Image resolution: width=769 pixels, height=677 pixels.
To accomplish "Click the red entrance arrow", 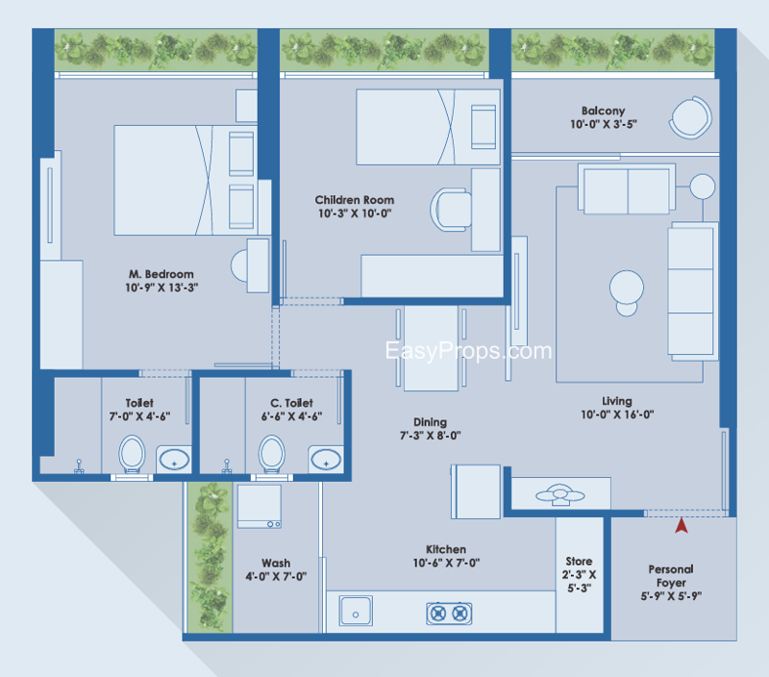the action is [682, 526].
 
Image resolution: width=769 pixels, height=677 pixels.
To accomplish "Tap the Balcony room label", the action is [604, 111].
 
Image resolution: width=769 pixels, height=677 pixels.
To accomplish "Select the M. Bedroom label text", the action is [161, 274].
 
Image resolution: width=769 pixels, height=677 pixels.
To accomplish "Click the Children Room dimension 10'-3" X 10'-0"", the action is [355, 213].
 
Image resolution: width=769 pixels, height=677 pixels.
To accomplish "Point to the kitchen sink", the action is [356, 611].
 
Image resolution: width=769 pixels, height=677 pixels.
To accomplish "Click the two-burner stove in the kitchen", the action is [449, 614].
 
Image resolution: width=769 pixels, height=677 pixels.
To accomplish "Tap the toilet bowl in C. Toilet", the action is [272, 454].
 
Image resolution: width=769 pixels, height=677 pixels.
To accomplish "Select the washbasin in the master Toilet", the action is [174, 460].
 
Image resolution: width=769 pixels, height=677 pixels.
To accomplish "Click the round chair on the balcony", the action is [690, 117].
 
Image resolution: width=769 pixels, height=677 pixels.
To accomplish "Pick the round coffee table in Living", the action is [627, 292].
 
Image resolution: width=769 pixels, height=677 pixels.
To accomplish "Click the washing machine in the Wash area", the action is [260, 506].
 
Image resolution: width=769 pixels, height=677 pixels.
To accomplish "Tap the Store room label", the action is [579, 562].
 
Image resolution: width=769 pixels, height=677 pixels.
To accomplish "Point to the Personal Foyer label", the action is [671, 576].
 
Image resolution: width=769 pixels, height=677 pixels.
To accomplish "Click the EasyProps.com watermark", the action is [468, 351].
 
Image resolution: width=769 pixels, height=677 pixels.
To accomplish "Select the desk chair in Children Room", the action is [451, 210].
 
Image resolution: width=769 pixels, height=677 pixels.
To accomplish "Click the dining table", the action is [431, 348].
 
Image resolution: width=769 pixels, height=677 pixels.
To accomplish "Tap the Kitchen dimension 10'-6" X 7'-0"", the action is [446, 563].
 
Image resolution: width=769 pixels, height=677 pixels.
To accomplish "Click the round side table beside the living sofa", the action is [703, 187].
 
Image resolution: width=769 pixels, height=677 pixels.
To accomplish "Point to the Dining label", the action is [430, 422].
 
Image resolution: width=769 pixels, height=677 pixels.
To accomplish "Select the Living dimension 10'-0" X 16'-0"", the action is [617, 414].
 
